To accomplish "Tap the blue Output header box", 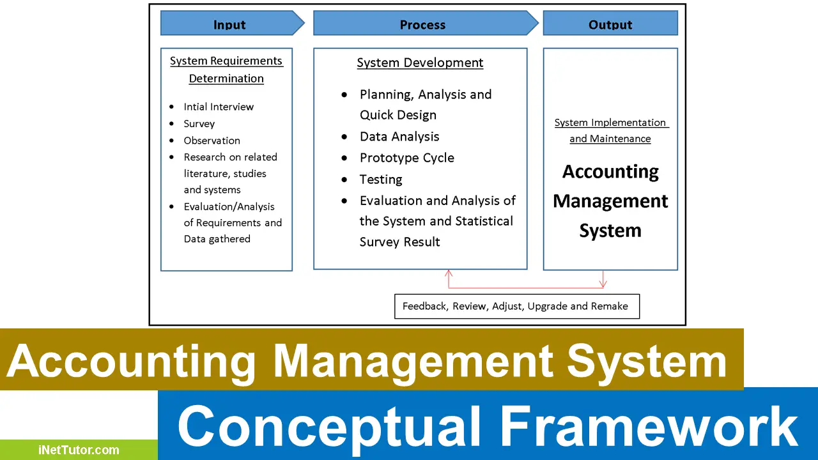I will pyautogui.click(x=610, y=24).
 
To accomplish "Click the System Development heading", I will pyautogui.click(x=420, y=63).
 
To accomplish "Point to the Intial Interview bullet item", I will pyautogui.click(x=219, y=107).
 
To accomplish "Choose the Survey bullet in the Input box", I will pyautogui.click(x=199, y=124).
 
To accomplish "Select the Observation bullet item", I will pyautogui.click(x=212, y=141).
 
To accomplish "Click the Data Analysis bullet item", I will pyautogui.click(x=399, y=137).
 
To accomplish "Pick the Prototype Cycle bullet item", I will pyautogui.click(x=406, y=158).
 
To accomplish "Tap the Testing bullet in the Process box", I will pyautogui.click(x=381, y=180).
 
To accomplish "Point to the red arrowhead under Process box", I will pyautogui.click(x=449, y=273).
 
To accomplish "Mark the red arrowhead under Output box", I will pyautogui.click(x=603, y=284).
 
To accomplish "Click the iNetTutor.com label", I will pyautogui.click(x=78, y=450).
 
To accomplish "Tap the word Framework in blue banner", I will pyautogui.click(x=648, y=426).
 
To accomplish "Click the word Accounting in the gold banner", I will pyautogui.click(x=132, y=361).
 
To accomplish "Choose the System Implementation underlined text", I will pyautogui.click(x=610, y=123).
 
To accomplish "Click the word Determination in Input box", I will pyautogui.click(x=226, y=79).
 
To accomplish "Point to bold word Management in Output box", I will pyautogui.click(x=610, y=201).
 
